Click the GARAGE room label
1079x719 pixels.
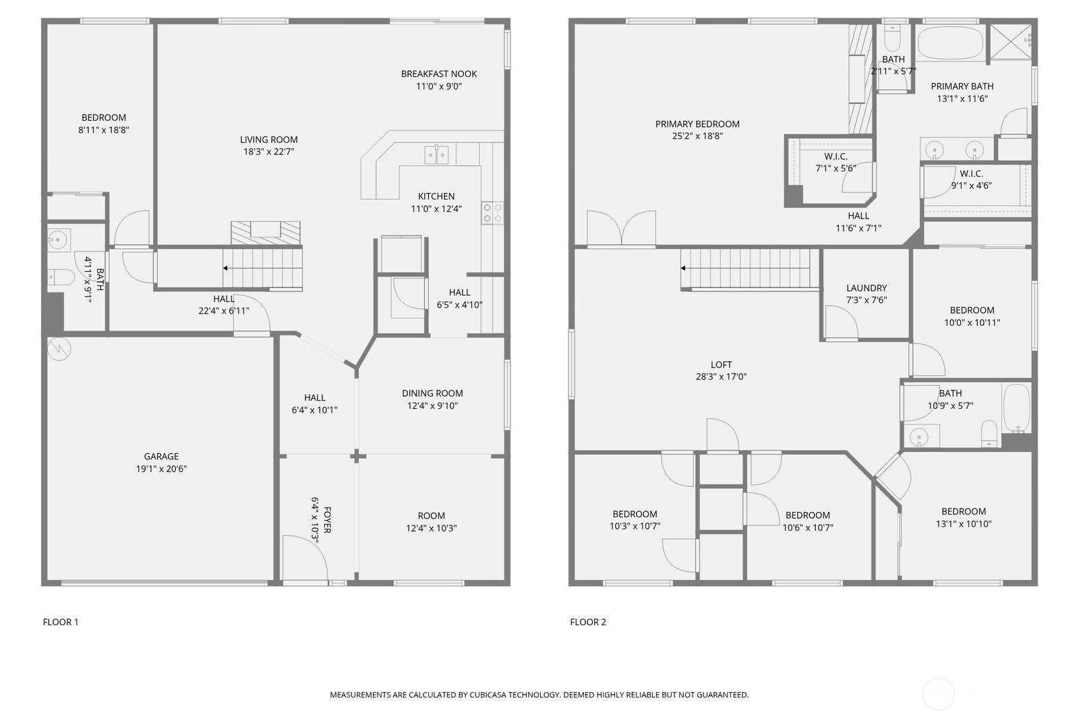[161, 457]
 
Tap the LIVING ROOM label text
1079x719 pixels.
[269, 140]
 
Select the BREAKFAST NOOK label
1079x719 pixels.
[439, 74]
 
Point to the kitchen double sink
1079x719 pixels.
[437, 154]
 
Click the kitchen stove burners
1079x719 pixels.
[492, 213]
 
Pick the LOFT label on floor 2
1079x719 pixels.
[721, 365]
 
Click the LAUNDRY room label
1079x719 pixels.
[867, 288]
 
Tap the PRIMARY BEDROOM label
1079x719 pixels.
[697, 124]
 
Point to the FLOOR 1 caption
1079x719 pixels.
[61, 622]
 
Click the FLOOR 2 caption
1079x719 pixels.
[588, 622]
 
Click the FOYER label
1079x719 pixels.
[327, 520]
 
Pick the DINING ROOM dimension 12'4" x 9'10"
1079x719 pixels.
[432, 406]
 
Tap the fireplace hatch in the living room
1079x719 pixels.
[266, 233]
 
